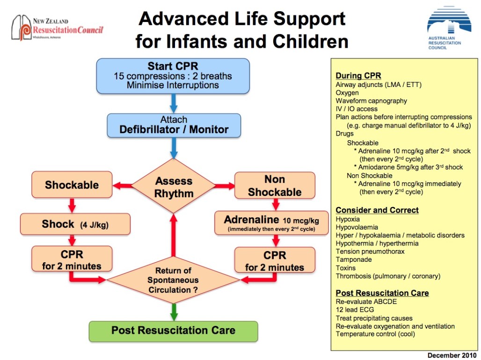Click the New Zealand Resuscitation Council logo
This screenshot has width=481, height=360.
click(57, 28)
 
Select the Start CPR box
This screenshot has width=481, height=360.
click(173, 76)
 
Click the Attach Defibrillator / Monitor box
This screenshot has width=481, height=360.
click(174, 125)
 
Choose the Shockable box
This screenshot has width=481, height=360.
click(72, 185)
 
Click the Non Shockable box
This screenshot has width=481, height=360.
click(275, 186)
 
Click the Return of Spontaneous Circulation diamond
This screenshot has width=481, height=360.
click(174, 280)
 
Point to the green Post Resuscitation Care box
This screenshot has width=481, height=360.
click(173, 331)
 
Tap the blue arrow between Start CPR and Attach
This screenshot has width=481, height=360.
click(174, 103)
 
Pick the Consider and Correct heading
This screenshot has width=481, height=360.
click(377, 210)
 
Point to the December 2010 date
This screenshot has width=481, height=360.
click(452, 355)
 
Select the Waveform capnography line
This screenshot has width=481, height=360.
click(372, 101)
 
